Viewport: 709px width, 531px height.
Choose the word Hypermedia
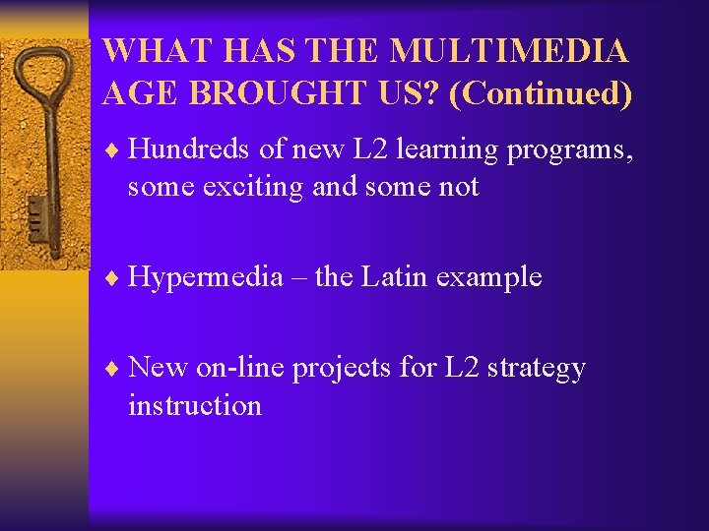(x=205, y=277)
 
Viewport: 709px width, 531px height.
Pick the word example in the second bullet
(x=489, y=277)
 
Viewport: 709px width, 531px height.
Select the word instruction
(x=195, y=405)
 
